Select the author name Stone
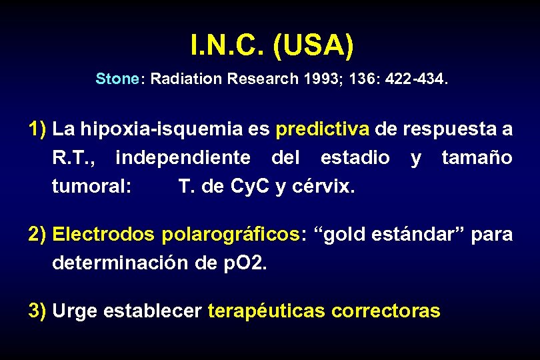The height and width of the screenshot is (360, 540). pyautogui.click(x=116, y=79)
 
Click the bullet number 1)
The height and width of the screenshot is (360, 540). pyautogui.click(x=37, y=129)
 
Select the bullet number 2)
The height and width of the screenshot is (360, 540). pyautogui.click(x=37, y=234)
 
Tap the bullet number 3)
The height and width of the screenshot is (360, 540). pyautogui.click(x=37, y=311)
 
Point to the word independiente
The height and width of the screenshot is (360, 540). pyautogui.click(x=183, y=158)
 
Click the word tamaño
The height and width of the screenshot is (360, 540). pyautogui.click(x=477, y=158)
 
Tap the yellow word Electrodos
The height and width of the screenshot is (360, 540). pyautogui.click(x=103, y=235)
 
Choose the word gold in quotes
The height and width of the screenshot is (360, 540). pyautogui.click(x=345, y=235)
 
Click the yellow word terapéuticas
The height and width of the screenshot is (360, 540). pyautogui.click(x=267, y=311)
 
